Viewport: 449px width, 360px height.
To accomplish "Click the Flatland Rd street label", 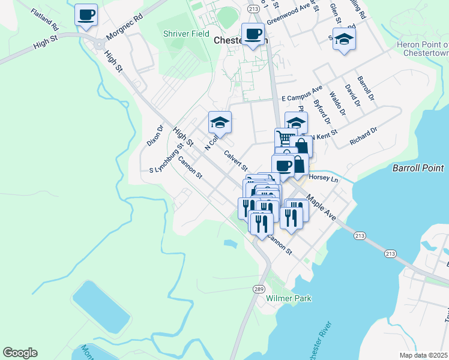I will pyautogui.click(x=45, y=20).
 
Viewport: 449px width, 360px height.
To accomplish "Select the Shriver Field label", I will pyautogui.click(x=186, y=34).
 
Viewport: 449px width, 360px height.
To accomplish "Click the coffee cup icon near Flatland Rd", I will pyautogui.click(x=86, y=14).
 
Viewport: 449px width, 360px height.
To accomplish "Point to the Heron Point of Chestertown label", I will pyautogui.click(x=423, y=49).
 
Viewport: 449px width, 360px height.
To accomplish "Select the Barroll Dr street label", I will pyautogui.click(x=366, y=88).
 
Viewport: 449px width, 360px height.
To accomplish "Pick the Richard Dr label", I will pyautogui.click(x=364, y=136).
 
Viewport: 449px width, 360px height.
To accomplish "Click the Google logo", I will pyautogui.click(x=20, y=353).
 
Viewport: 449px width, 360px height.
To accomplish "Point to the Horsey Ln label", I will pyautogui.click(x=324, y=179).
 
